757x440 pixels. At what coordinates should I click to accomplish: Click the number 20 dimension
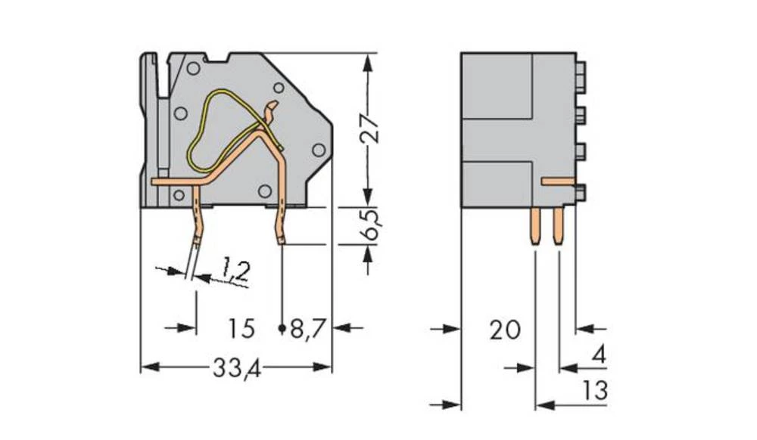click(505, 330)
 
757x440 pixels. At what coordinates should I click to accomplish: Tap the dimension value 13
click(596, 391)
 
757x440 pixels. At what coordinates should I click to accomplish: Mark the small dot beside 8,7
click(282, 329)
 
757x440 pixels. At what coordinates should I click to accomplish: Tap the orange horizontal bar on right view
click(559, 181)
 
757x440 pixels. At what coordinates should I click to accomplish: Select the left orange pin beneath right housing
click(536, 227)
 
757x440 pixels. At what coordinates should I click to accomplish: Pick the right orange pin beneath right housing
click(559, 227)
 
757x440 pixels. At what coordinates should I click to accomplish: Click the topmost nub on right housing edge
click(581, 73)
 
